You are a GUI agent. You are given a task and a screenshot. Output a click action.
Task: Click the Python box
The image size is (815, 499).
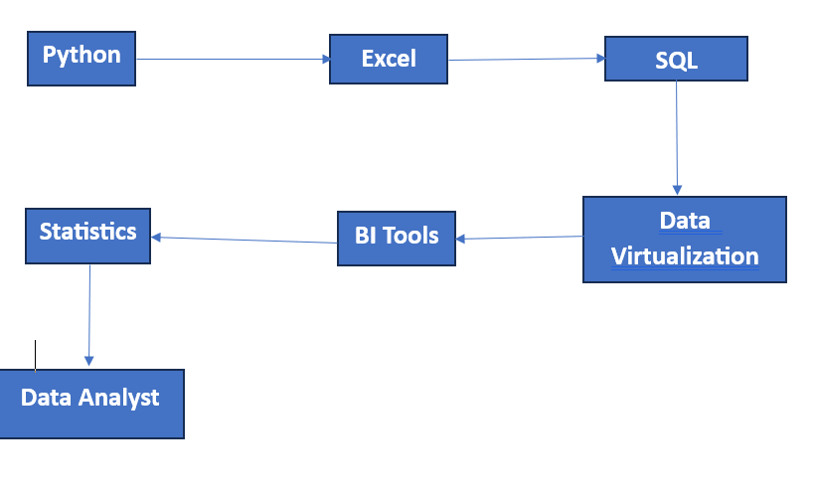[x=81, y=58]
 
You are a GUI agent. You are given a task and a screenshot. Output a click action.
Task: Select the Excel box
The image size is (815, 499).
[x=388, y=59]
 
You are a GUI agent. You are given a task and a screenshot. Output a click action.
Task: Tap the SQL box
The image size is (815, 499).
[x=676, y=60]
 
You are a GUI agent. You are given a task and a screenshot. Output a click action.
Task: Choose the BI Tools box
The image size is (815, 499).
[x=396, y=238]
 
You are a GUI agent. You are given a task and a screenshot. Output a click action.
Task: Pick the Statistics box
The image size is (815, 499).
[x=87, y=235]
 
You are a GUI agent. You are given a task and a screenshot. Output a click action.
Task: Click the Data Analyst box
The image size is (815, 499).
[x=90, y=403]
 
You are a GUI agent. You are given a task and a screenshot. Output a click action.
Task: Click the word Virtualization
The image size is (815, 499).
[x=685, y=255]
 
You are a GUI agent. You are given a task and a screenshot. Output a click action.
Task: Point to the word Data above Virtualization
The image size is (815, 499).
[x=685, y=221]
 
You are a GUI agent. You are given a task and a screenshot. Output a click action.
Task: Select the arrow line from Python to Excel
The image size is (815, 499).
[x=233, y=59]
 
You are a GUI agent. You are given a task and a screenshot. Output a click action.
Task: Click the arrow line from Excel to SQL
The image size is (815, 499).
[x=527, y=60]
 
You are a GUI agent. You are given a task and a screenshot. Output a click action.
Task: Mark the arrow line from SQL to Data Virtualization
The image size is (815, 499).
[x=677, y=134]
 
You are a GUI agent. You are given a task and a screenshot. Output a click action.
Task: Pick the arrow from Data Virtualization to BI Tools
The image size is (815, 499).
[x=520, y=238]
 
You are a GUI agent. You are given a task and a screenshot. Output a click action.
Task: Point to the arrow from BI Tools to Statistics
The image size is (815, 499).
[x=244, y=240]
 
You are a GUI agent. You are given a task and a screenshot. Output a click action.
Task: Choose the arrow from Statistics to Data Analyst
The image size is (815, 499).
[x=89, y=313]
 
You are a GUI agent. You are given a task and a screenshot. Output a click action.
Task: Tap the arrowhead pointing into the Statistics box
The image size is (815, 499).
[x=156, y=237]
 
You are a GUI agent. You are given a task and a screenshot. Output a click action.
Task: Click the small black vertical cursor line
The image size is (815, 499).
[x=36, y=355]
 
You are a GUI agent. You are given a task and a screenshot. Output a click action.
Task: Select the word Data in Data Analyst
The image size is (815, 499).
[x=48, y=398]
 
